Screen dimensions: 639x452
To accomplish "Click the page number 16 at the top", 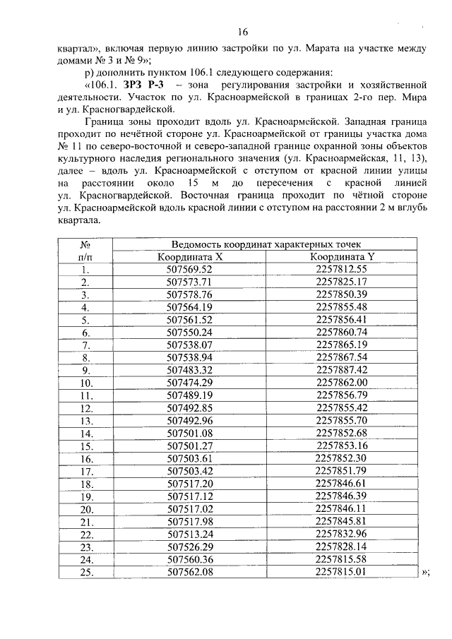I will click(x=242, y=32).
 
